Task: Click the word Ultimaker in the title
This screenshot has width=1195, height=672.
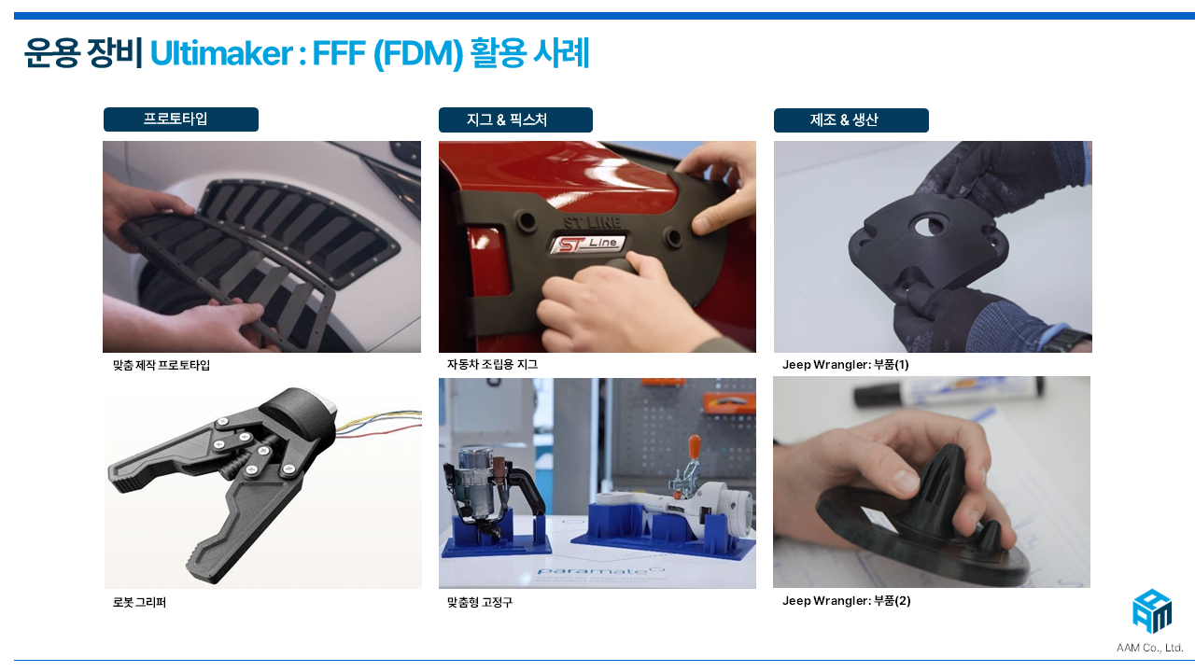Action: pyautogui.click(x=221, y=53)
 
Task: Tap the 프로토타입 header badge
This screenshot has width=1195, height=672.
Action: pyautogui.click(x=181, y=119)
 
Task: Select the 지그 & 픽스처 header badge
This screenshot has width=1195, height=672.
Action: pyautogui.click(x=515, y=119)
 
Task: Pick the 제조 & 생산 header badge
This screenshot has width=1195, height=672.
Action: pyautogui.click(x=851, y=120)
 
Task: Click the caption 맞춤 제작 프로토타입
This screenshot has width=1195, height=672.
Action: pyautogui.click(x=162, y=365)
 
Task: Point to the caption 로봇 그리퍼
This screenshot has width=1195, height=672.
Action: pyautogui.click(x=139, y=602)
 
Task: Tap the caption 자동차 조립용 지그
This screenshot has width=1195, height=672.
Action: pyautogui.click(x=492, y=364)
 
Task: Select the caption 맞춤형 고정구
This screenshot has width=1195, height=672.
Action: pyautogui.click(x=480, y=602)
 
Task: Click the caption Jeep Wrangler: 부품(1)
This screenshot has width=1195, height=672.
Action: pyautogui.click(x=846, y=365)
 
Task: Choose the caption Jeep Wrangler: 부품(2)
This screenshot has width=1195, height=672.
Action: pyautogui.click(x=847, y=601)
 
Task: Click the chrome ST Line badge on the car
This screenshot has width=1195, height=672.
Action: pyautogui.click(x=587, y=245)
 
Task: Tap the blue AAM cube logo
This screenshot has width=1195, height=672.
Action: pyautogui.click(x=1152, y=611)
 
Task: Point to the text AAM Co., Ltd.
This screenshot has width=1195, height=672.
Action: pyautogui.click(x=1149, y=648)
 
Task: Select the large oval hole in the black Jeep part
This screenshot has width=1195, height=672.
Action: pyautogui.click(x=932, y=227)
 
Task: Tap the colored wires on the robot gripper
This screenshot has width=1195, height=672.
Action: pyautogui.click(x=379, y=423)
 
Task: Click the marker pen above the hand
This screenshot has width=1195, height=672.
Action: pyautogui.click(x=948, y=393)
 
